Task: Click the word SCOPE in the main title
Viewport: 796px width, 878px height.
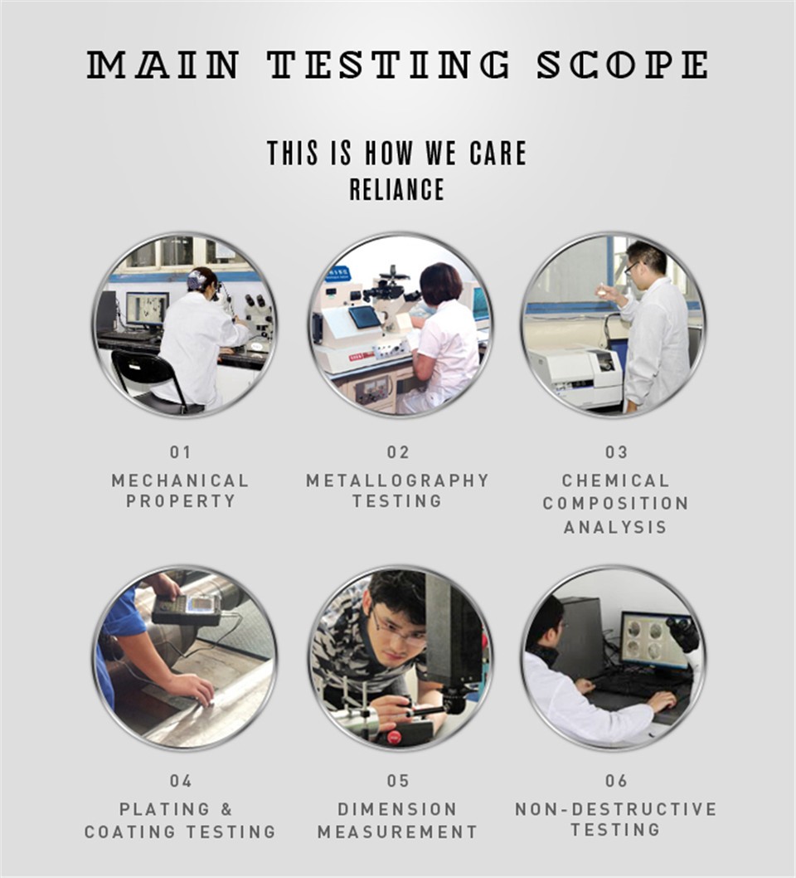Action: (623, 65)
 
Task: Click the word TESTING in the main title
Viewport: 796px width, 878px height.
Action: (388, 65)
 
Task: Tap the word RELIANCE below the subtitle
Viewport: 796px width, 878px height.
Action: (397, 190)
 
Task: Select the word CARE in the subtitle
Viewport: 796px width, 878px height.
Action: (498, 153)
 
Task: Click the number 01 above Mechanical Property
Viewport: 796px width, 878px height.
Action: (180, 452)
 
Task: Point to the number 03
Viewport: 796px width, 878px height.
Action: (616, 452)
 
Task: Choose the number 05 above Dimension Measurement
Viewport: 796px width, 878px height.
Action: (398, 781)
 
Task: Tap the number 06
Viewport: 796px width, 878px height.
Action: (616, 781)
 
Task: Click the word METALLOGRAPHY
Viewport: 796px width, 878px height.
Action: (398, 480)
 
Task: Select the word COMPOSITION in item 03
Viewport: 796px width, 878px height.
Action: (616, 504)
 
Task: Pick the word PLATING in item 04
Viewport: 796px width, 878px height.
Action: (164, 809)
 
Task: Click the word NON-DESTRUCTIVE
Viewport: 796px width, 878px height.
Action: (616, 809)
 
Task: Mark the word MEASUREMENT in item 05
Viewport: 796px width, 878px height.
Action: (398, 832)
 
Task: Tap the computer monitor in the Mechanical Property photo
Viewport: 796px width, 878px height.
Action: (147, 310)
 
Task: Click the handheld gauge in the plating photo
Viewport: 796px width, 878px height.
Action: (187, 609)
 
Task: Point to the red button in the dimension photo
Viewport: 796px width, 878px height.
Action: (394, 737)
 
